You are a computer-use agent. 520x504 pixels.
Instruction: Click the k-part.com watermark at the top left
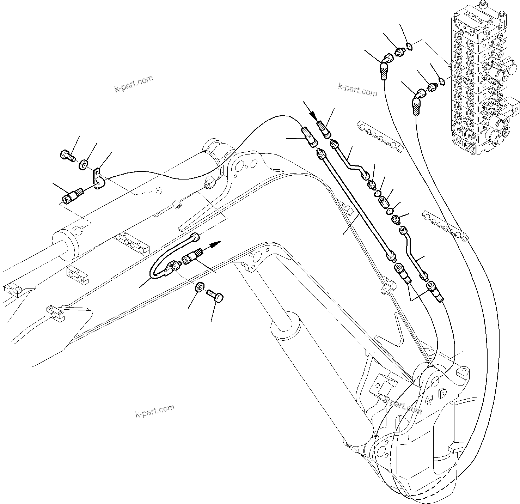pos(134,84)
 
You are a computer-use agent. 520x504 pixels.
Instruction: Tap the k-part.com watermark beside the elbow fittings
pos(357,90)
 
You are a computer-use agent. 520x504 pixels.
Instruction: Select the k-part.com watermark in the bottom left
pos(155,411)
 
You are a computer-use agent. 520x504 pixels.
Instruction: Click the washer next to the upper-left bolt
pos(84,164)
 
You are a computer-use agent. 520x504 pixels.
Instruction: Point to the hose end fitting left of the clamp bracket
pos(73,195)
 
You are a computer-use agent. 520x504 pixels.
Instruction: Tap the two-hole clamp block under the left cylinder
pos(78,275)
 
